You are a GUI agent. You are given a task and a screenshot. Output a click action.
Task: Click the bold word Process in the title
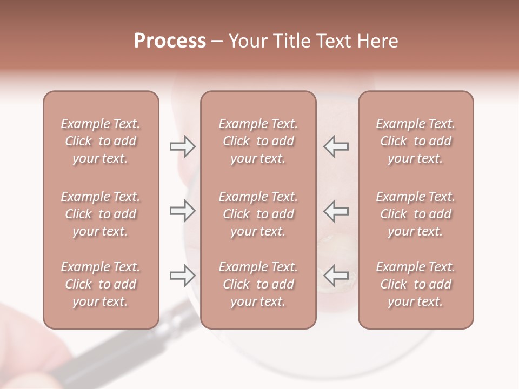coord(170,41)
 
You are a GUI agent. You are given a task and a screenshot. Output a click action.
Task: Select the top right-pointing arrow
coord(182,146)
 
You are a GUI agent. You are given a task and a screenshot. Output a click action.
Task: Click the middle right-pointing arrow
coord(182,211)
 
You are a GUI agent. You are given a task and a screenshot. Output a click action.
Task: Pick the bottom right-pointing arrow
coord(182,276)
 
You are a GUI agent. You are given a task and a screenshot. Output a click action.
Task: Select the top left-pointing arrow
coord(336,146)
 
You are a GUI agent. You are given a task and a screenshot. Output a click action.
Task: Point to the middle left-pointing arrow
coord(336,211)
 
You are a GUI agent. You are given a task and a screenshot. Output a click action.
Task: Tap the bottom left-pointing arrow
coord(336,276)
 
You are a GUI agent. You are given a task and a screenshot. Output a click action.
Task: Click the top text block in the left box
coord(101,141)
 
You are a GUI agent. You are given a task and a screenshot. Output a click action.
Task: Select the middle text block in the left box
coord(101,214)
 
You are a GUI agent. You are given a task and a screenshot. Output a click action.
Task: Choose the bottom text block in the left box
coord(101,284)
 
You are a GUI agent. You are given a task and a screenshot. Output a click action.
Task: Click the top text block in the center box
coord(258,141)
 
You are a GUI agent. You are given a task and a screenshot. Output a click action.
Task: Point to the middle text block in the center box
coord(258,214)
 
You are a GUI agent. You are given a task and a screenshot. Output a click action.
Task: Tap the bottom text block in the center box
coord(258,284)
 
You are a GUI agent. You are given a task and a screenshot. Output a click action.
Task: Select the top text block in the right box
coord(415,141)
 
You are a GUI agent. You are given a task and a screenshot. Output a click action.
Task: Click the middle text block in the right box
coord(415,214)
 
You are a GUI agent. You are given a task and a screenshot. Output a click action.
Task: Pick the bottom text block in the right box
coord(415,284)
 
